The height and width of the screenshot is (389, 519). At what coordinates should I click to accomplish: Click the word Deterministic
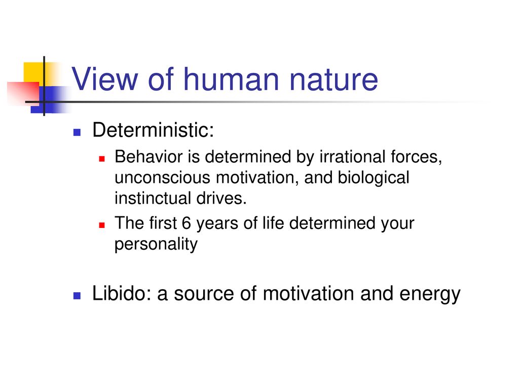coord(153,130)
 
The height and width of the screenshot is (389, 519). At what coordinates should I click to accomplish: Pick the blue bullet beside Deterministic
coord(77,132)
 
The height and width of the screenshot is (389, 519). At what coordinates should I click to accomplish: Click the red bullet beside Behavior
coord(102,159)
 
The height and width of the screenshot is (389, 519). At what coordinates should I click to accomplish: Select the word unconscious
coord(163,178)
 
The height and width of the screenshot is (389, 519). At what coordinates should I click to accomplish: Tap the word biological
coord(374,178)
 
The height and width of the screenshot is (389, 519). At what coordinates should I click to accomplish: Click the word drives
coord(221,198)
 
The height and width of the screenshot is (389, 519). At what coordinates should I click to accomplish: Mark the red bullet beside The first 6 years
coord(102,225)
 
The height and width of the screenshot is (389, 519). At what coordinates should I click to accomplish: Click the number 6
coord(187,223)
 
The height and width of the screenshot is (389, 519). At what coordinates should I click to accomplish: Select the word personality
coord(156,245)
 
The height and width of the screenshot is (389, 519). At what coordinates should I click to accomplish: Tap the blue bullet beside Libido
coord(77,296)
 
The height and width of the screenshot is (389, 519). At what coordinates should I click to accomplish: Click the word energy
coord(430,295)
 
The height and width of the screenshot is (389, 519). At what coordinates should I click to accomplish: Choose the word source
coord(204,294)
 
